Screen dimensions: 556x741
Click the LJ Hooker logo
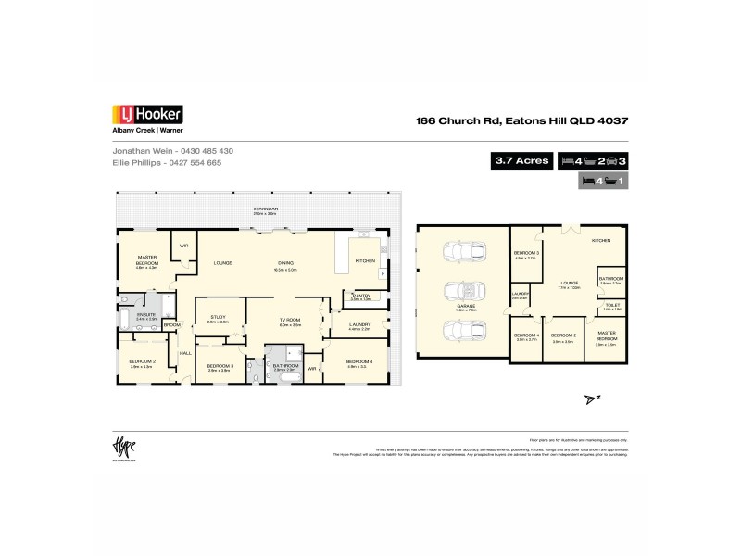[147, 115]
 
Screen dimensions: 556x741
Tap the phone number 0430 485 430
[207, 150]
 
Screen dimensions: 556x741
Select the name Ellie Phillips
[136, 162]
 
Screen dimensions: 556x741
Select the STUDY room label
[218, 317]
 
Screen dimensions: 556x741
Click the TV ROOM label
[292, 321]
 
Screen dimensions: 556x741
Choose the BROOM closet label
[172, 324]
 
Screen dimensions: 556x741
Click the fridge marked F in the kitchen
[382, 274]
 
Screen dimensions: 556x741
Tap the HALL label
[184, 353]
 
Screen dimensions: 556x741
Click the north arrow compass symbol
[590, 398]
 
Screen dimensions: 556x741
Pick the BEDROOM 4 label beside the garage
[527, 335]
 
